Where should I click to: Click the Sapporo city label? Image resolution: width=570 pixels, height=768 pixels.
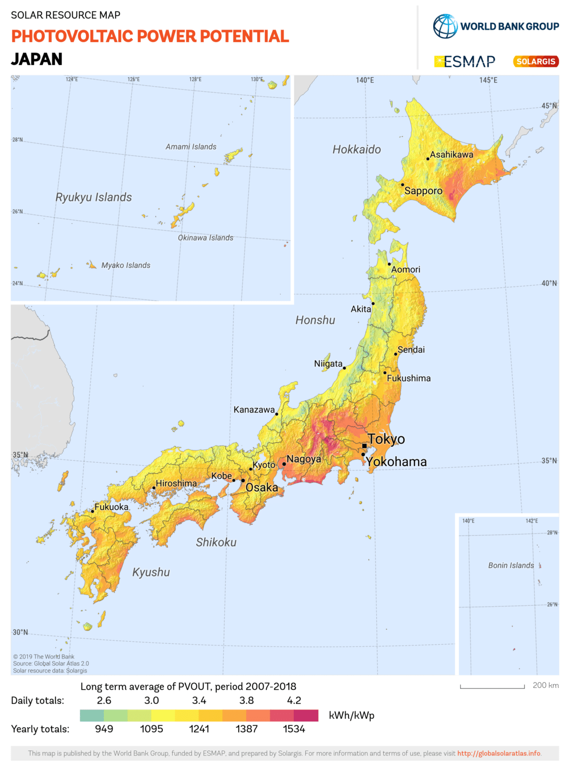(423, 191)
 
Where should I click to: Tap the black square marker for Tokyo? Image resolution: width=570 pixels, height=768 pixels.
(364, 446)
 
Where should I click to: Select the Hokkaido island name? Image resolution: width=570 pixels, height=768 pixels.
(357, 149)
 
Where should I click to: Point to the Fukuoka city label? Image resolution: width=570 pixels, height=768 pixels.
(111, 507)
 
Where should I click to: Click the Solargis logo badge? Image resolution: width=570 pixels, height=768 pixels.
(536, 61)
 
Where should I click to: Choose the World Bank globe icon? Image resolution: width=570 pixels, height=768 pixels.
(445, 26)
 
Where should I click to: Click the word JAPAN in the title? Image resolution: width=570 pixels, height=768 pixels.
(37, 59)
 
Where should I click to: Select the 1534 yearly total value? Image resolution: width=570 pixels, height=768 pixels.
(294, 729)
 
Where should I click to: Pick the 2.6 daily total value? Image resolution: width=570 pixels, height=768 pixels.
(104, 700)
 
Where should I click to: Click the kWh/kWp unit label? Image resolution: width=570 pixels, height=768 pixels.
(351, 715)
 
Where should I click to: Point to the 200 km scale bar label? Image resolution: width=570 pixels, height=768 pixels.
(546, 685)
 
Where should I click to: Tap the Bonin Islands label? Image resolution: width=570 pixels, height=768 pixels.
(511, 565)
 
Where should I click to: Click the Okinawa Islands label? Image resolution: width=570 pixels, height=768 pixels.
(206, 238)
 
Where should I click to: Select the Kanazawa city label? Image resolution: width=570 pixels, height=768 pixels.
(254, 410)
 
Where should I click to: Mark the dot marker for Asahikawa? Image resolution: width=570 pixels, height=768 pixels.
(428, 159)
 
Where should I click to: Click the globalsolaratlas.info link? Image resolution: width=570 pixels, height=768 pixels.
(499, 753)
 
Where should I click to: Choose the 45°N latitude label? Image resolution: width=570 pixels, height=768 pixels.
(549, 106)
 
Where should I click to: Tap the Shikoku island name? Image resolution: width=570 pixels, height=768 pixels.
(216, 542)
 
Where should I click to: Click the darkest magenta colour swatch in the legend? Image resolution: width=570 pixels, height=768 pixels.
(306, 715)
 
